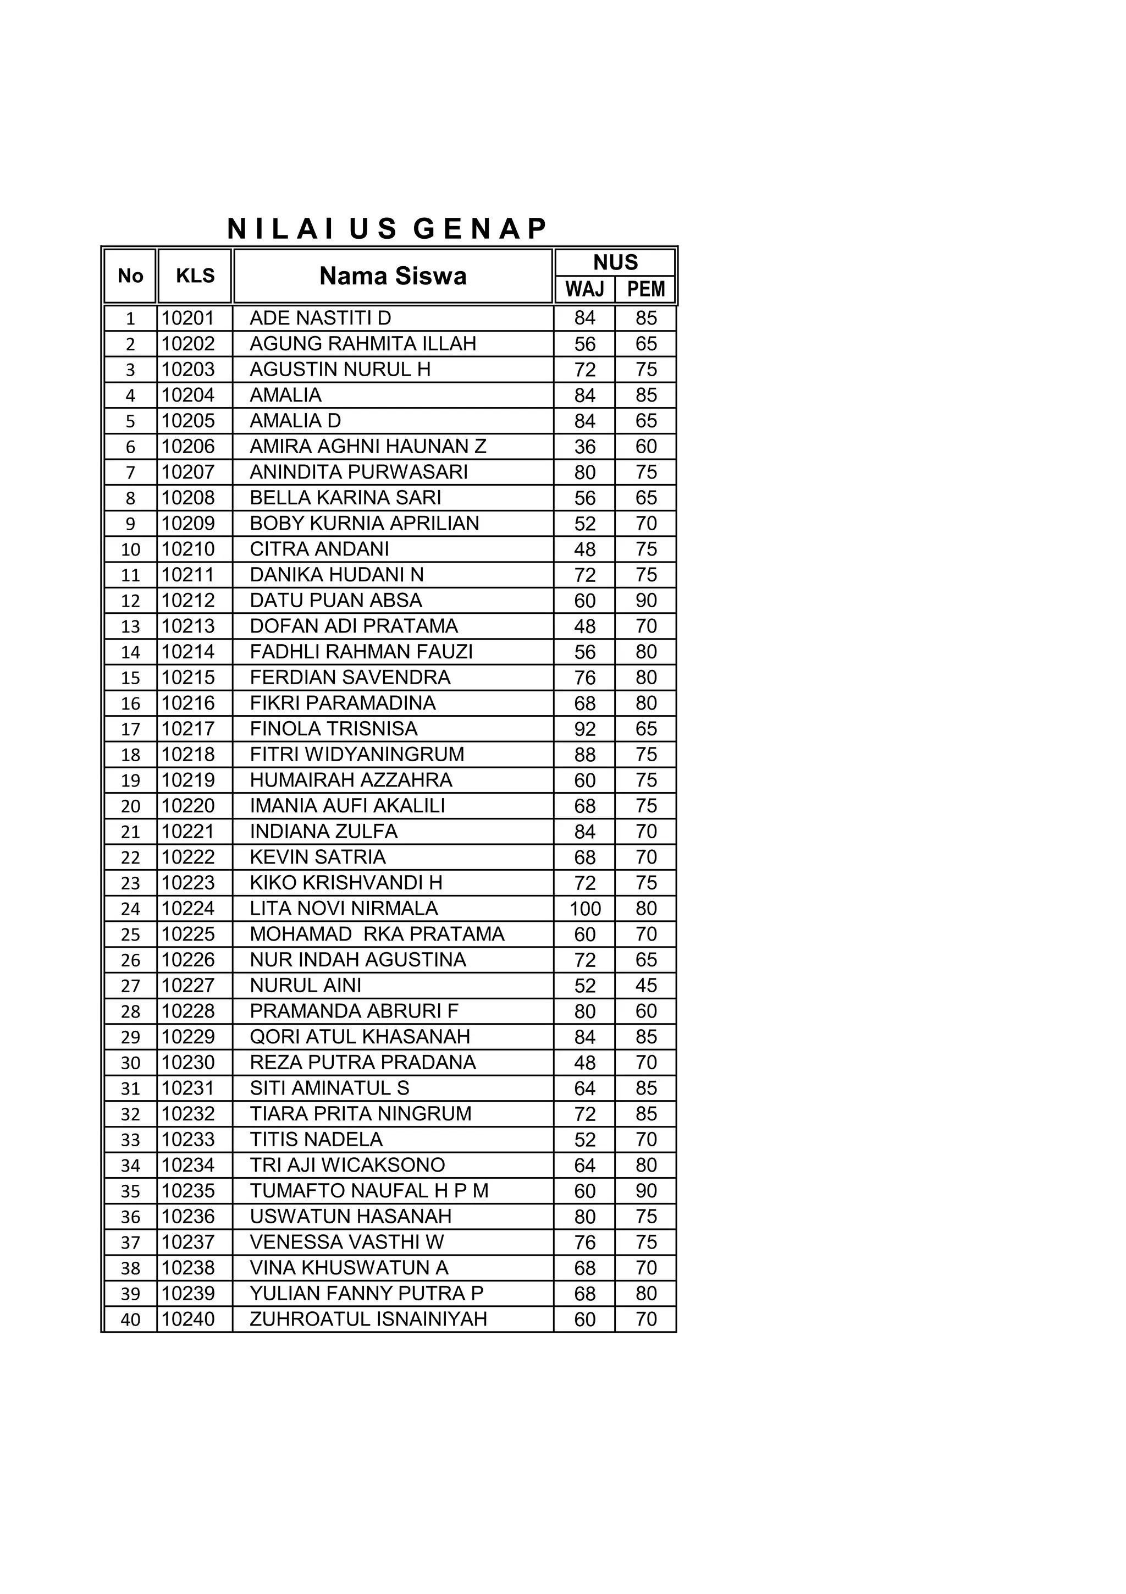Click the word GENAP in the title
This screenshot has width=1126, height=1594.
click(480, 229)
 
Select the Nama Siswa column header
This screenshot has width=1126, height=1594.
click(393, 276)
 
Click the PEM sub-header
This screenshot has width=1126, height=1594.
click(645, 289)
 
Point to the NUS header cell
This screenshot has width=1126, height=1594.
click(615, 262)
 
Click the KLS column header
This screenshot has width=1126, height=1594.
click(195, 276)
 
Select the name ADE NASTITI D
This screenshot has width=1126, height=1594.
click(320, 318)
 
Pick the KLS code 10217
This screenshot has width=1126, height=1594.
click(188, 729)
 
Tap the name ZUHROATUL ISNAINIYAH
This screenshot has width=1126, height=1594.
click(368, 1319)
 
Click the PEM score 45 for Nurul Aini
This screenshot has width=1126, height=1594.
click(646, 985)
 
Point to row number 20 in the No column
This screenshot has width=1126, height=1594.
click(130, 806)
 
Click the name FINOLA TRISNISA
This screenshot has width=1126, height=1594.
click(333, 729)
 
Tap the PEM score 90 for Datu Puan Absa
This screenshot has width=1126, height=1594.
click(646, 601)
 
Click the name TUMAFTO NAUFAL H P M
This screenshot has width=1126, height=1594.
click(368, 1191)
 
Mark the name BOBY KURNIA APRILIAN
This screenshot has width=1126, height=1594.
click(363, 524)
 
